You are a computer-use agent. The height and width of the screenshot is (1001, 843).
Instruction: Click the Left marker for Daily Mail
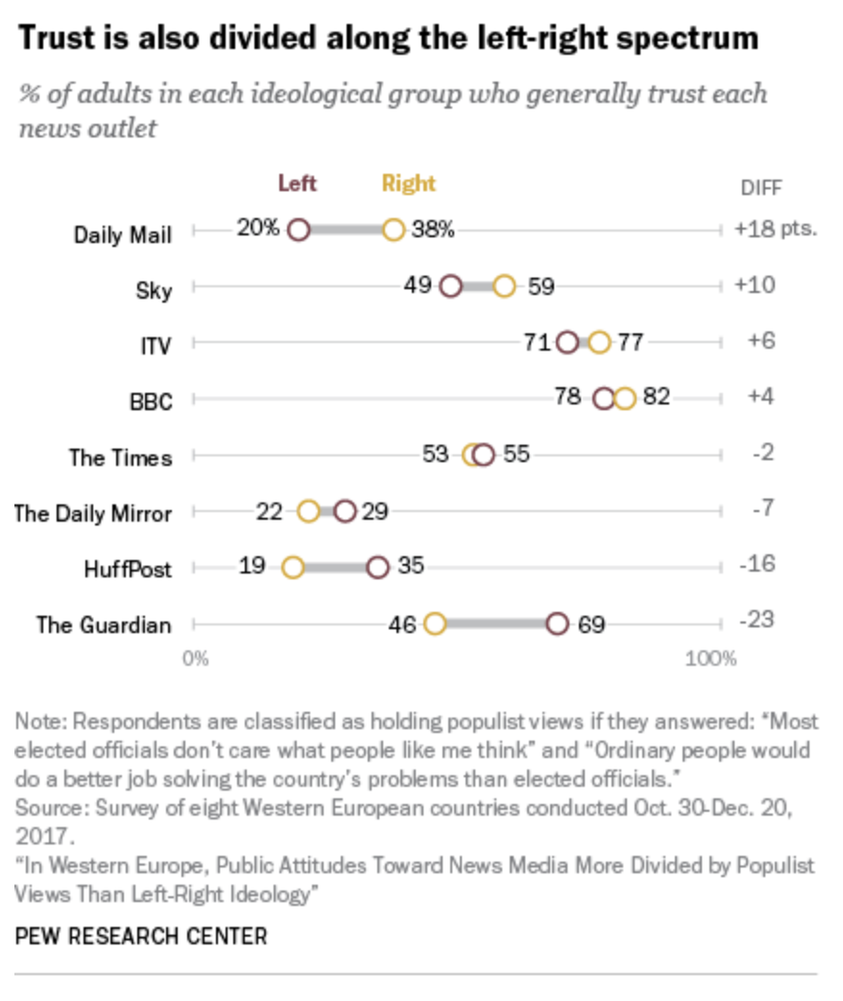299,231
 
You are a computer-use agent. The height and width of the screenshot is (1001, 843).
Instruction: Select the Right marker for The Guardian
435,624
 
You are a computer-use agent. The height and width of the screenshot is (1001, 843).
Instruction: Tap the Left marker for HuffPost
378,568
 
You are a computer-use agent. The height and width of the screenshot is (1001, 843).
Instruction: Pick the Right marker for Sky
505,286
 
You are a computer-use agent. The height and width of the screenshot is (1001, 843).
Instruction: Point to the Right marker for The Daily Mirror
308,512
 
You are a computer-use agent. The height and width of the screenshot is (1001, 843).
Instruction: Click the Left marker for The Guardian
557,624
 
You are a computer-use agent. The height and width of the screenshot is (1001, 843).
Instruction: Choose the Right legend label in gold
408,183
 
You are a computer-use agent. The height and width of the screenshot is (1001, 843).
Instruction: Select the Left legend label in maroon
297,183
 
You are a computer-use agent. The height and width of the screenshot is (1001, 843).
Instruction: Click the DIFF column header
760,188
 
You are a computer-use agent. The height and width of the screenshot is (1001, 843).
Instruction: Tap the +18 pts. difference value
775,231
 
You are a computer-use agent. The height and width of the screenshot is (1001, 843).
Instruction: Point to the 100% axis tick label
711,659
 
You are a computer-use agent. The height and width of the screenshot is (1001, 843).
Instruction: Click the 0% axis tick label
196,659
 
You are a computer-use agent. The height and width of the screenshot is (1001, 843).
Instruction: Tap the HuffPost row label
128,570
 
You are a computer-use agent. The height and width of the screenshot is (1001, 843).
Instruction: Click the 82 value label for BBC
656,398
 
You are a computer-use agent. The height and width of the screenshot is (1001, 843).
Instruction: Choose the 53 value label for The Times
436,454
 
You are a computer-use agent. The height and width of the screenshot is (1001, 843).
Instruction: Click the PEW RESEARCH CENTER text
141,936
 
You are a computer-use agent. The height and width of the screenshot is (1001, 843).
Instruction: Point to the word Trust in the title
57,38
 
